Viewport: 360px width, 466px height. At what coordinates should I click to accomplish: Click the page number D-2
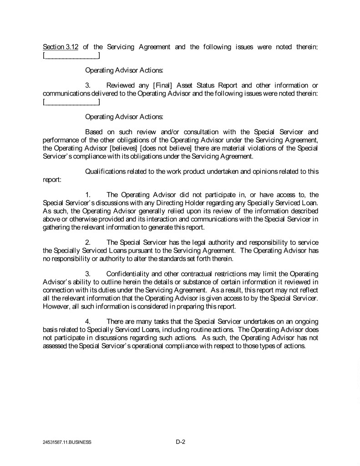180,441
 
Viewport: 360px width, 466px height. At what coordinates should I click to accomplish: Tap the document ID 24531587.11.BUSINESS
67,442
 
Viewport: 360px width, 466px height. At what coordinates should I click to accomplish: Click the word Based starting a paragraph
95,132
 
